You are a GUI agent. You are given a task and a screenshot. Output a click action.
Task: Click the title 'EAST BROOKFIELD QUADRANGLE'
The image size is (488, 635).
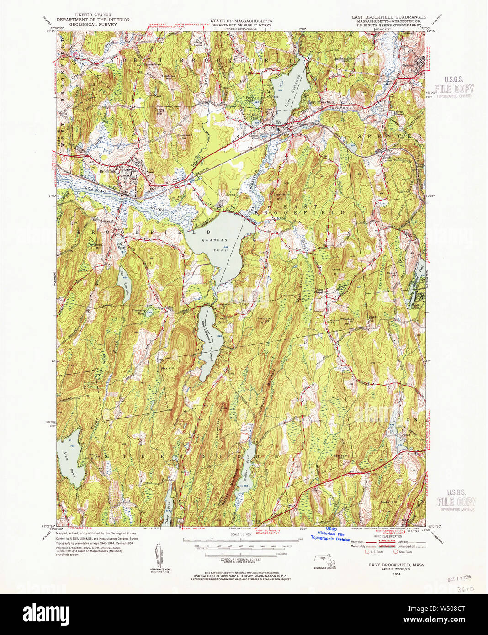[x=388, y=17]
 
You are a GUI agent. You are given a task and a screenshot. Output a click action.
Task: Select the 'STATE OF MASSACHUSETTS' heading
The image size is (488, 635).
[x=241, y=21]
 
